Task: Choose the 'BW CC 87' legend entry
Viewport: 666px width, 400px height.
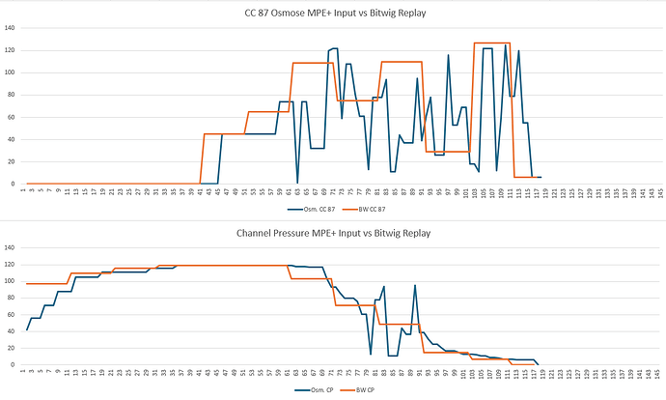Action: [369, 209]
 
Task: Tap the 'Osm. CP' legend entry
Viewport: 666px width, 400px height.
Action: [319, 391]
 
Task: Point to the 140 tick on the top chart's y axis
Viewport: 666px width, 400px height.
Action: [11, 26]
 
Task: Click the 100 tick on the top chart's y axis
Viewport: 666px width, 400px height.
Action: [11, 72]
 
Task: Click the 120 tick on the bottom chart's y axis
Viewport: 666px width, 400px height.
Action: [11, 265]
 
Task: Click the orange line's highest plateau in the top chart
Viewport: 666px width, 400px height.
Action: [492, 43]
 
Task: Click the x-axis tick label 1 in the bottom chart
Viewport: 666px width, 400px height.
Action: [25, 373]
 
